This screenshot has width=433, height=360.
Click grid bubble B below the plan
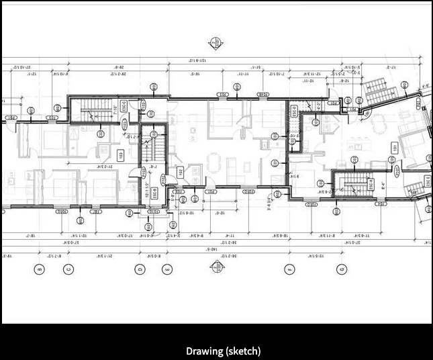tap(40, 269)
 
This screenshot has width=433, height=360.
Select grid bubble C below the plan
tap(68, 269)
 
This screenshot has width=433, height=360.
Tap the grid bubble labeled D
tap(140, 269)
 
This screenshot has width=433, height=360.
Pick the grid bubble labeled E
tap(167, 269)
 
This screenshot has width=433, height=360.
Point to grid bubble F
tap(290, 269)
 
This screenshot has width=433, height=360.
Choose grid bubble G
tap(342, 269)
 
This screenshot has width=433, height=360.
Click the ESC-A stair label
tap(369, 184)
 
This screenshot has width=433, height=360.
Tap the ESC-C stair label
tap(132, 107)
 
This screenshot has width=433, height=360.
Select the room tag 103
tap(122, 156)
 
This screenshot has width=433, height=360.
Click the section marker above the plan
tap(215, 43)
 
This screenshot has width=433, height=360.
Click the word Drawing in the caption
tap(203, 351)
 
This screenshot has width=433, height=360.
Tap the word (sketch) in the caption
tap(242, 351)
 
